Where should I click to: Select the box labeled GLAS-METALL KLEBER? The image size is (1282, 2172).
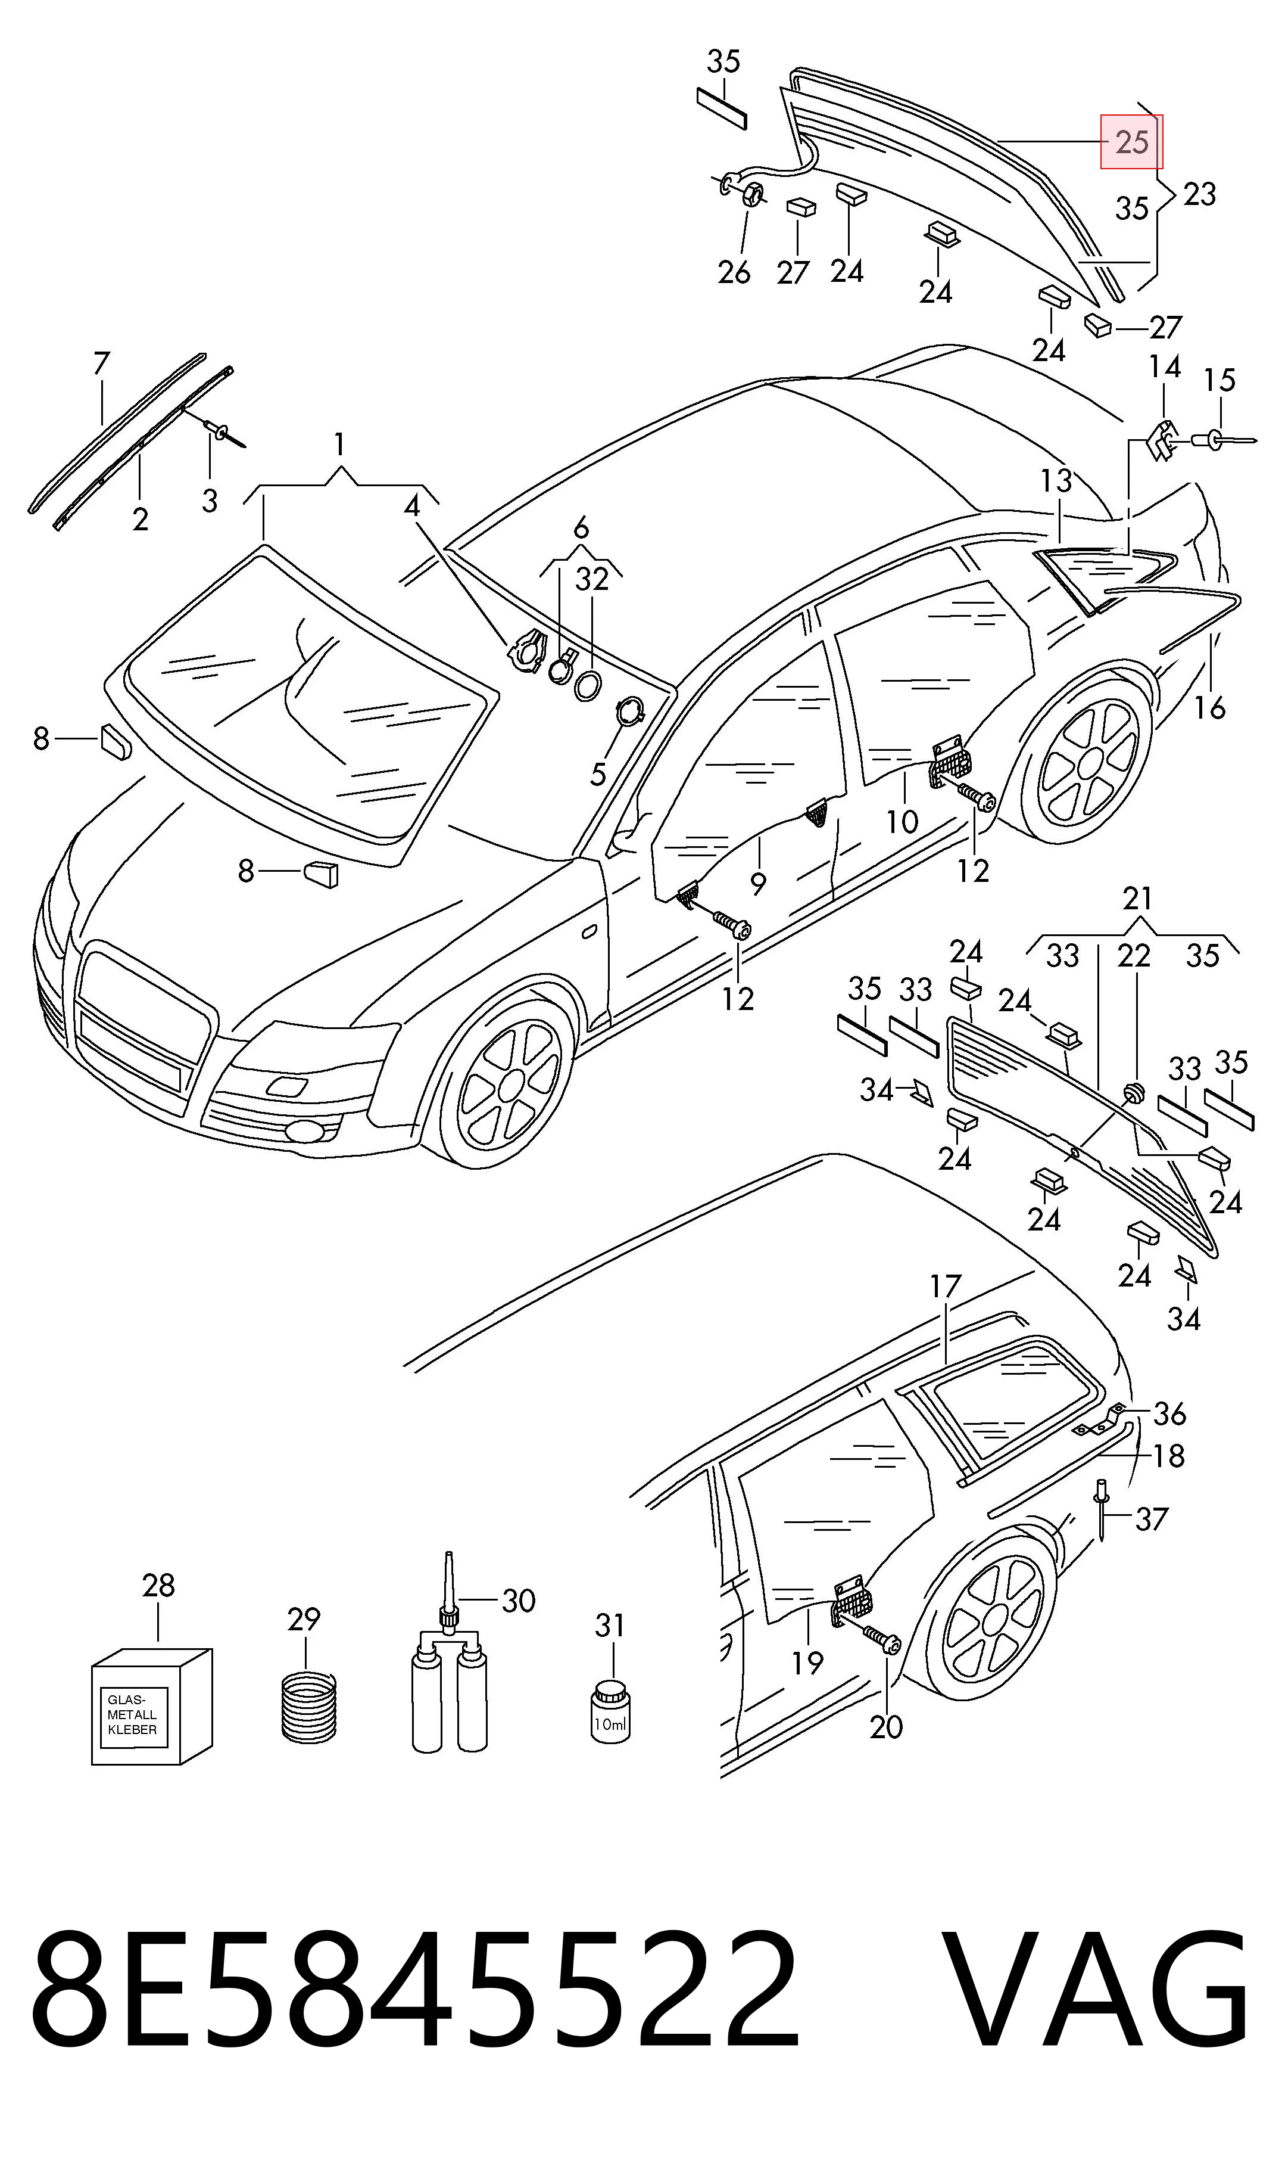click(x=151, y=1706)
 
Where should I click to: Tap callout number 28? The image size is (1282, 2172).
click(x=158, y=1585)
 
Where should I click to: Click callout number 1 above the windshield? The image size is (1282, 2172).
click(x=339, y=445)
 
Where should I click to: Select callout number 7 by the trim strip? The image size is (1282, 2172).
click(x=101, y=363)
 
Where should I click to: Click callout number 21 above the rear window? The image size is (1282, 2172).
click(x=1138, y=899)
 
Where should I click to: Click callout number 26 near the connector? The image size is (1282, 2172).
click(x=734, y=272)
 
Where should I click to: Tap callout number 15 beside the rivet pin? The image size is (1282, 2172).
click(x=1219, y=380)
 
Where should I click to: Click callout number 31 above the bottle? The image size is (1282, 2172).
click(x=609, y=1626)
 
